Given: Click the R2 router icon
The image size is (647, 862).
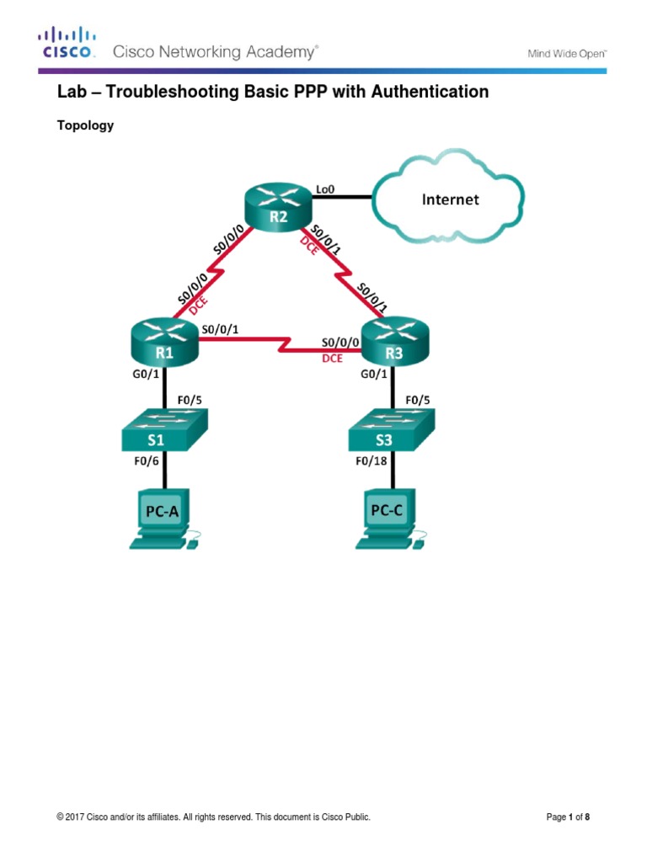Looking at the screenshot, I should click(x=279, y=205).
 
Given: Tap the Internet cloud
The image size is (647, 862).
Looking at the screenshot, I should click(x=450, y=200).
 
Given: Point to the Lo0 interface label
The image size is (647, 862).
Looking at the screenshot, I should click(x=324, y=189).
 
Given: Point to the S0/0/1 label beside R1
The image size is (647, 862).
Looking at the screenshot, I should click(x=219, y=330).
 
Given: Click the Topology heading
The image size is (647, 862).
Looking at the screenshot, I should click(x=85, y=126).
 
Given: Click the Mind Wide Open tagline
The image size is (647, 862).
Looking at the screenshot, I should click(x=567, y=53).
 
